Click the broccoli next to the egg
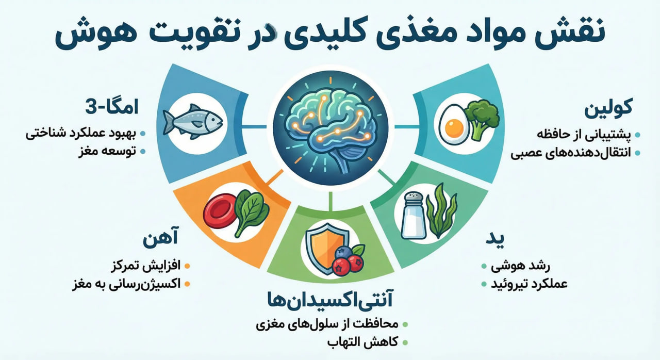pos(481,118)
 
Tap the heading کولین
pos(608,109)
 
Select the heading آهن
pos(161,239)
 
